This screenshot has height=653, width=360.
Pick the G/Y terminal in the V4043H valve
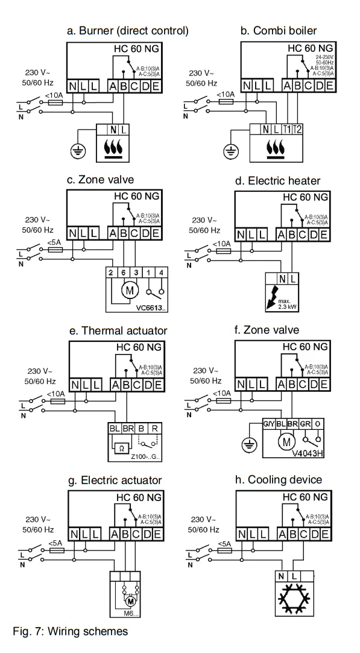pos(268,423)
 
